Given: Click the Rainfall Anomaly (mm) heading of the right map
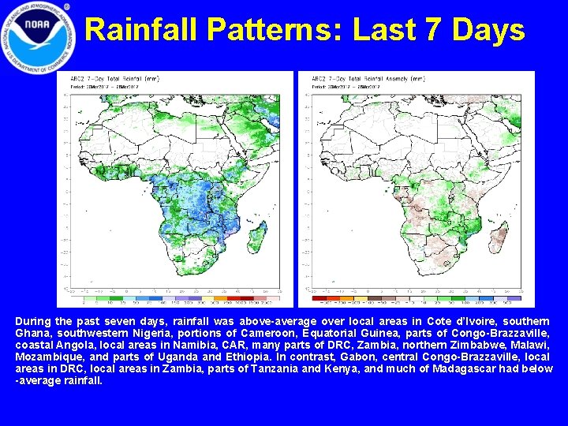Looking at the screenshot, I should click(x=372, y=80).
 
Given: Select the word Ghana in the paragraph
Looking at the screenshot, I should click(x=33, y=334).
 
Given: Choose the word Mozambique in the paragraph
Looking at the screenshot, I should click(x=47, y=357).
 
